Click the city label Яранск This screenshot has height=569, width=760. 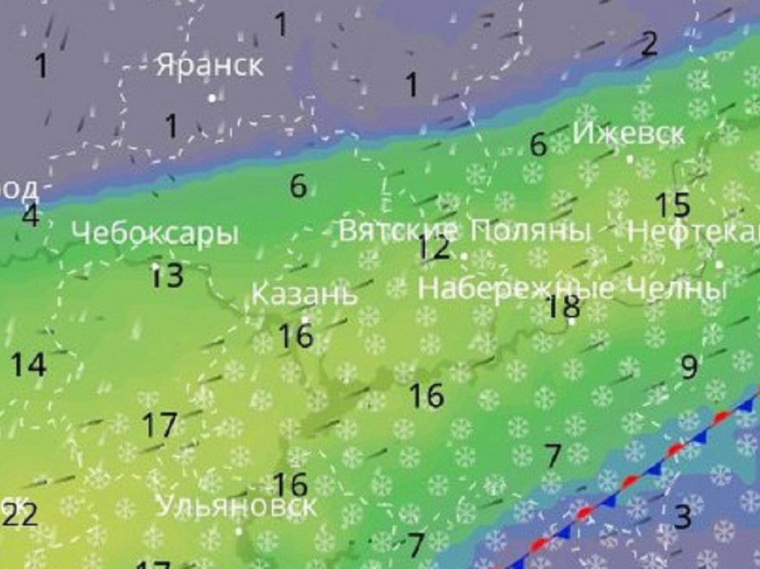210,65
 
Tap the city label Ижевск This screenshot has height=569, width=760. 629,133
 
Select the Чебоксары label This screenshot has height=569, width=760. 155,233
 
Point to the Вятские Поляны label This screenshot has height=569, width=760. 464,230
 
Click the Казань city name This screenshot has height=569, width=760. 304,293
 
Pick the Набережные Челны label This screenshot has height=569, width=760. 571,288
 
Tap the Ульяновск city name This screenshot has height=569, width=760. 237,507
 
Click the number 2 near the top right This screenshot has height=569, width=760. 648,45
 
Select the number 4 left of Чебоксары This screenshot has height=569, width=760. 31,216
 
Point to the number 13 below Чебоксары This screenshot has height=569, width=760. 168,276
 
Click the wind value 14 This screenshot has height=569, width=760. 28,365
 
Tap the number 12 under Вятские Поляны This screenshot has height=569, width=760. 434,248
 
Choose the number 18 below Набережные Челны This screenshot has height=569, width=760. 563,307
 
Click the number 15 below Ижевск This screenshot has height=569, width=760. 672,205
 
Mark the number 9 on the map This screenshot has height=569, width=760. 689,367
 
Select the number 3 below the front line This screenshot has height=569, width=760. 683,516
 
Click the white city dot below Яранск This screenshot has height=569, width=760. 212,98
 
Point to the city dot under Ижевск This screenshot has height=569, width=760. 631,160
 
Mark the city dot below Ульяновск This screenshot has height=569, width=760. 239,532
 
